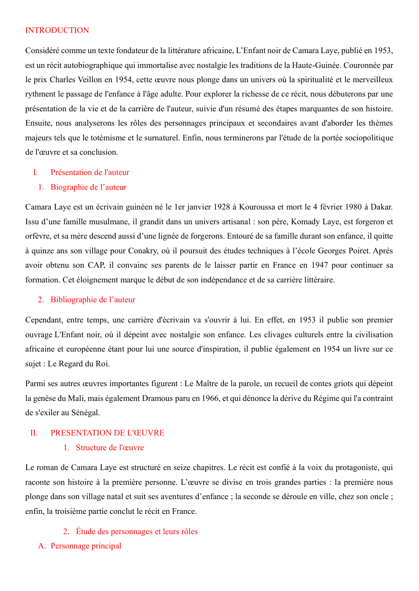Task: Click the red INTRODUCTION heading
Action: (x=57, y=30)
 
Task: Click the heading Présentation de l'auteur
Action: (x=90, y=172)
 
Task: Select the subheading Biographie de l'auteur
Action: (x=88, y=187)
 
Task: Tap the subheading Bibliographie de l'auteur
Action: (x=93, y=300)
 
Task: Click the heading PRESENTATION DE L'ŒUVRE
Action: (x=107, y=433)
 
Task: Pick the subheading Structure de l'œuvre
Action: (x=110, y=448)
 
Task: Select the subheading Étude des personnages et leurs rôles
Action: (x=136, y=532)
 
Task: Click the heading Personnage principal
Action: (x=86, y=546)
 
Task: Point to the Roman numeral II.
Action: (x=34, y=433)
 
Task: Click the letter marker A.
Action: (x=41, y=546)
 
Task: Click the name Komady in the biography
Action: (x=306, y=222)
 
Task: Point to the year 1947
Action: (x=319, y=265)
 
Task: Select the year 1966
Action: (x=210, y=398)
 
